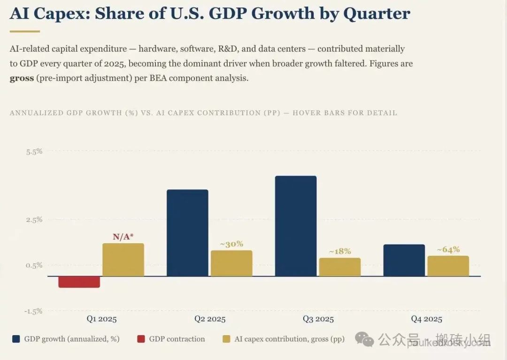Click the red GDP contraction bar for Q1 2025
[79, 282]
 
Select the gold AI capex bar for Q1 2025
[123, 260]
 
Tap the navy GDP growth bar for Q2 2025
[187, 233]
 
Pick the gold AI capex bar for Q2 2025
[231, 263]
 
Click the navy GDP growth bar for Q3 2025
[296, 226]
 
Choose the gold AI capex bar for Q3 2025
[340, 267]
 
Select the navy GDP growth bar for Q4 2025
[404, 260]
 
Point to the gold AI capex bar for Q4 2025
[448, 266]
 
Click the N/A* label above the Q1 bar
[123, 237]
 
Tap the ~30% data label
[231, 244]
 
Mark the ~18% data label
[340, 252]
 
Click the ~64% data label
[448, 250]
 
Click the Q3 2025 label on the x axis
[318, 319]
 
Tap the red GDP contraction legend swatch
[141, 339]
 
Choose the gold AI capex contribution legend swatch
[227, 339]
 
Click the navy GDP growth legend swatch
[16, 339]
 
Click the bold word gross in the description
[22, 78]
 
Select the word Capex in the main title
[61, 14]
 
